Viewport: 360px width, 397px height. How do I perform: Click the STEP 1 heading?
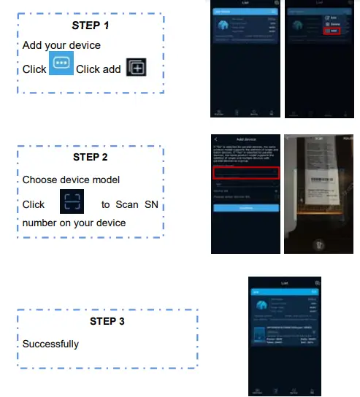point(91,25)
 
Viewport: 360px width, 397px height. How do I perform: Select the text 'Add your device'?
point(61,45)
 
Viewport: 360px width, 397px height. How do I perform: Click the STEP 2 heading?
point(91,157)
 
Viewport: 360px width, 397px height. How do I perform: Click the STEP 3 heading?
point(107,321)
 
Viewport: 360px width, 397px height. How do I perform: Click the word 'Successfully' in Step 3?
point(50,343)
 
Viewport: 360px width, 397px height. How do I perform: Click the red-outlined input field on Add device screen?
point(245,173)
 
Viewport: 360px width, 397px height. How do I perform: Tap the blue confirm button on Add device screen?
point(245,208)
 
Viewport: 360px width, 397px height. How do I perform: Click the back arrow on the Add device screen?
point(216,139)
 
